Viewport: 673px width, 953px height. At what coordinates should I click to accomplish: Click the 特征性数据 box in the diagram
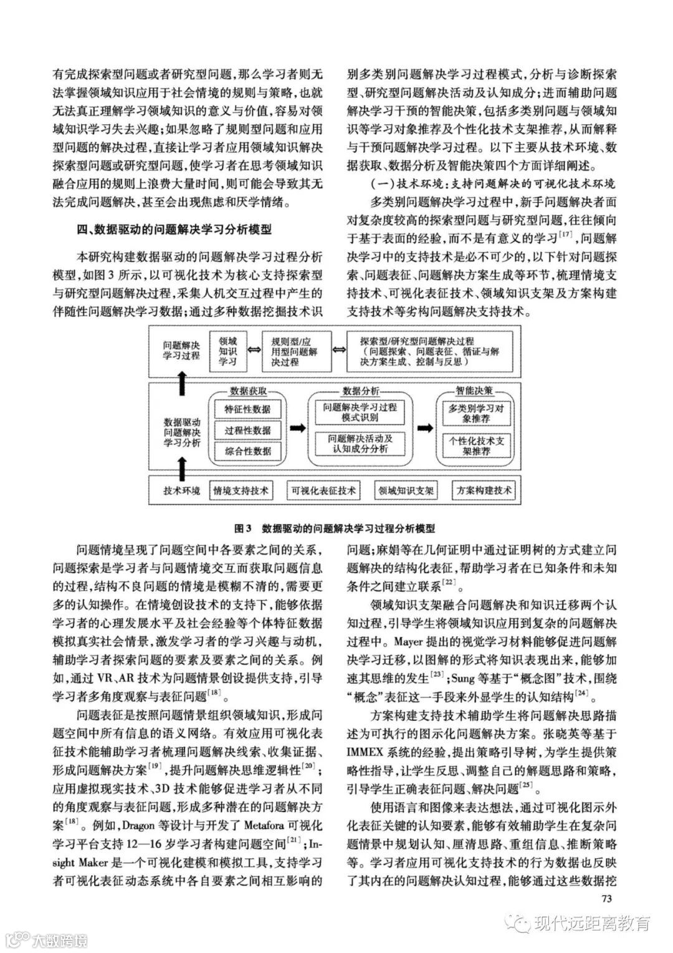point(247,410)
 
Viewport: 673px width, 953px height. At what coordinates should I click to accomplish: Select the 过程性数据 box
point(247,430)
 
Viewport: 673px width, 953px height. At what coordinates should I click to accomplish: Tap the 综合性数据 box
point(247,451)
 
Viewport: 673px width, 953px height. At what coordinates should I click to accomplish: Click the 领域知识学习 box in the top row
point(227,351)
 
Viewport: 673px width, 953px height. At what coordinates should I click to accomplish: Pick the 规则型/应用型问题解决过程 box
point(294,352)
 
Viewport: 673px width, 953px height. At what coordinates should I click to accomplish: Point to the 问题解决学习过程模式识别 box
point(356,412)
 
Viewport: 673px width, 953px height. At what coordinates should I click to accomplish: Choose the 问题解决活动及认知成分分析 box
point(356,443)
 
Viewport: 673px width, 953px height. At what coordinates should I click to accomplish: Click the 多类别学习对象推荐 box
point(476,414)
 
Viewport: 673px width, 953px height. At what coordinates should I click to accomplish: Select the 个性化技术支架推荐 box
point(476,445)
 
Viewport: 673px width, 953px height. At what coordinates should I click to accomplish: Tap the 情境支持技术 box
point(241,491)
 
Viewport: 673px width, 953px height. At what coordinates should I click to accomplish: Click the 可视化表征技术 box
point(323,491)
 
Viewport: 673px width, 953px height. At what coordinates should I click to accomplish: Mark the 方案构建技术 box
point(484,491)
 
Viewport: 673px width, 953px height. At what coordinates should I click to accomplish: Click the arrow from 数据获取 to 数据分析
point(298,428)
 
